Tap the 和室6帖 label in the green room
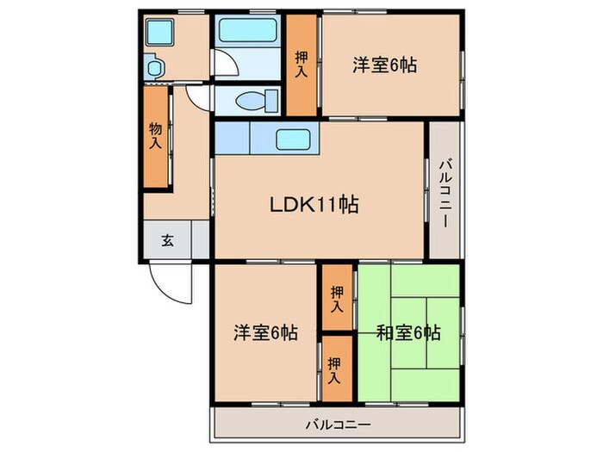[x=408, y=332]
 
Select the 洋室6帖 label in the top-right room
[x=384, y=65]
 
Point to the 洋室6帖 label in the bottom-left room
[x=266, y=332]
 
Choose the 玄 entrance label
[x=167, y=240]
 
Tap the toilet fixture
[x=252, y=101]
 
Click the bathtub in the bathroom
[x=248, y=30]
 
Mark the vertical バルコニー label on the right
[x=444, y=194]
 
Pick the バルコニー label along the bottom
[x=338, y=424]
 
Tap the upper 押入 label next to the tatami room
[x=337, y=298]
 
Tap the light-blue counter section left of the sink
[x=232, y=138]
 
